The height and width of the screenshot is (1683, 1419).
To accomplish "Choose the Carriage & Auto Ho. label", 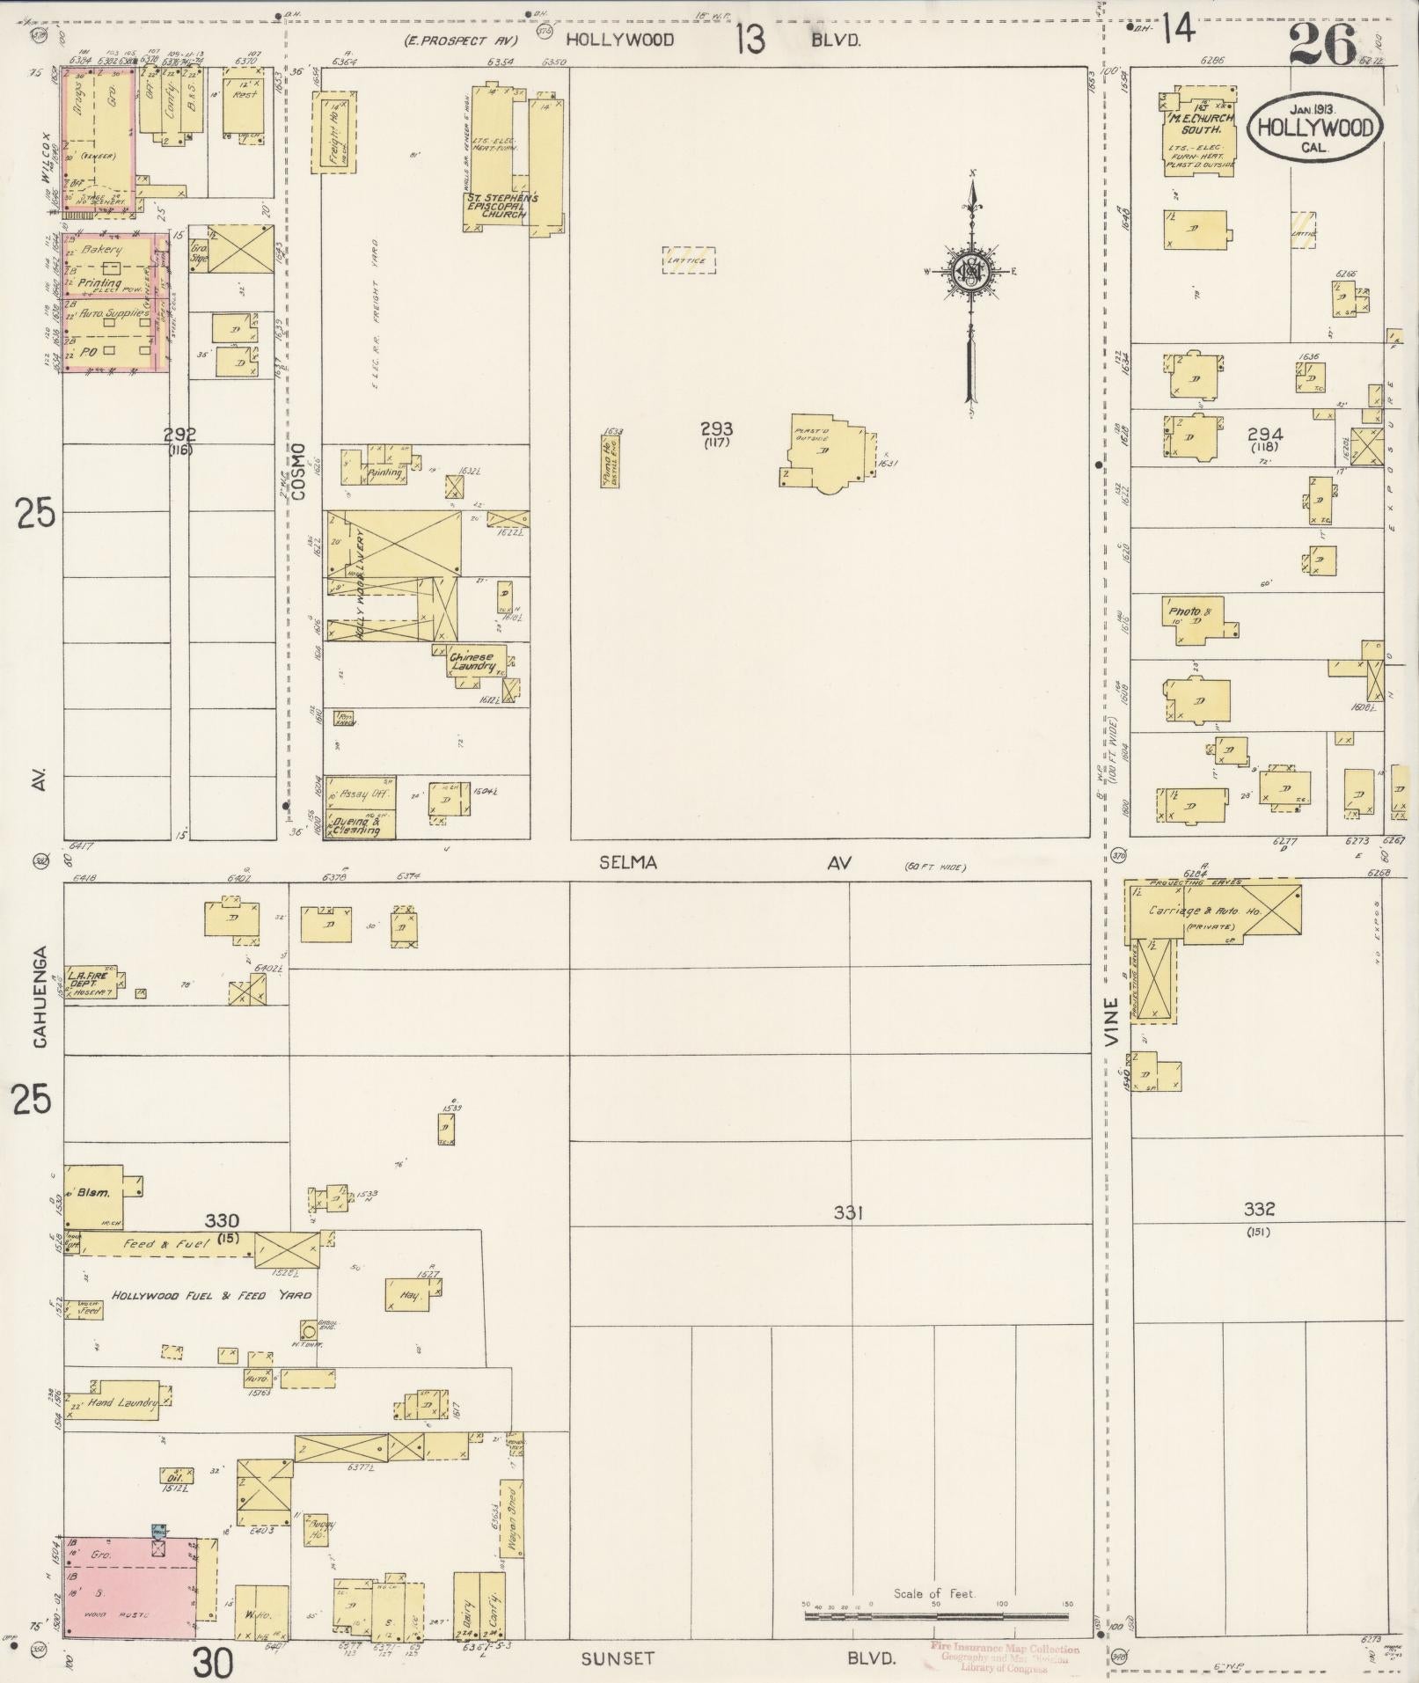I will [x=1204, y=911].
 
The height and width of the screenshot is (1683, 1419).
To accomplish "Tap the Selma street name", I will [x=628, y=863].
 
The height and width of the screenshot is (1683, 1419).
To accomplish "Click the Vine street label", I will [x=1112, y=1021].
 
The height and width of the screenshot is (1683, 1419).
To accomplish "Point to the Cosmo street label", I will [x=298, y=472].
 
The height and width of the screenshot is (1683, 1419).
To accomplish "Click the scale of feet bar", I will [x=936, y=1616].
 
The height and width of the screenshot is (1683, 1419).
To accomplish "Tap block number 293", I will [x=717, y=429].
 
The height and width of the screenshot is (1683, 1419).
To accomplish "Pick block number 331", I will [x=848, y=1213].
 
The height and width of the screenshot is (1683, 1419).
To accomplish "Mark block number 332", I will [x=1259, y=1210].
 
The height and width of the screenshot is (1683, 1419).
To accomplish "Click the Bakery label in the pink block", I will [x=102, y=250].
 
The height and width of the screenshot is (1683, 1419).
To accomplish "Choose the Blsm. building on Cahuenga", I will [x=94, y=1194].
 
